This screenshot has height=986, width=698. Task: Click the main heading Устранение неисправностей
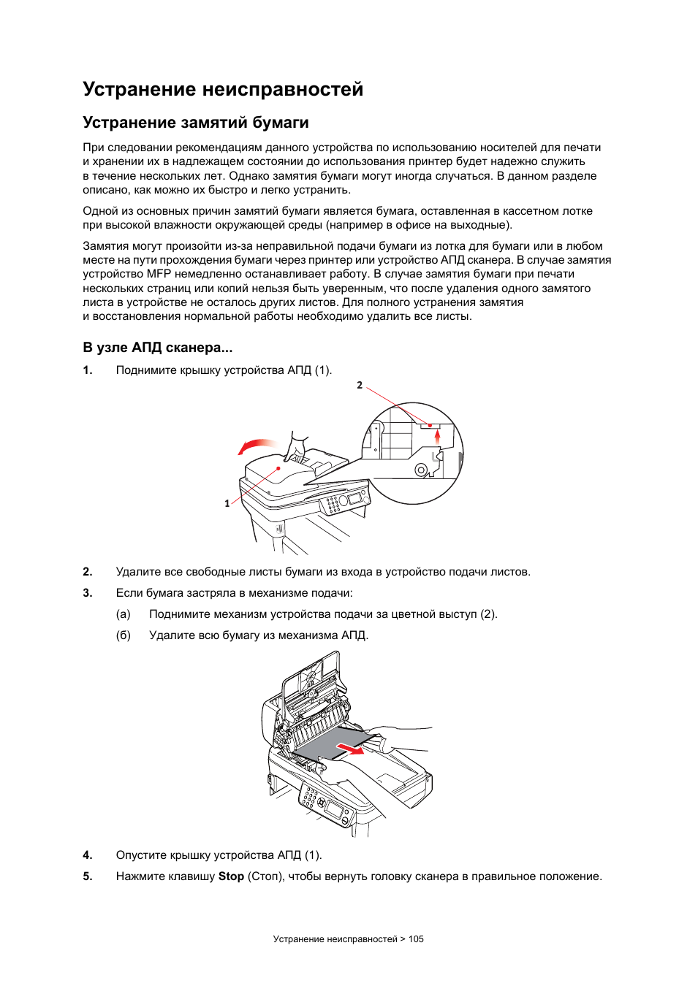[x=223, y=89]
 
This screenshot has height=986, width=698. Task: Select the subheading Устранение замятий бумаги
[x=196, y=123]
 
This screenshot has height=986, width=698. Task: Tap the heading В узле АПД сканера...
[x=157, y=348]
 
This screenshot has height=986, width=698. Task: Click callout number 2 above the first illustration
[x=360, y=385]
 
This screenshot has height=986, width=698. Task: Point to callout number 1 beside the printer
[x=227, y=503]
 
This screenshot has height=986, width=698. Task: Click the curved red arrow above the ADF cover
[x=257, y=446]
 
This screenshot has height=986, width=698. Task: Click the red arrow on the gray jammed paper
[x=351, y=748]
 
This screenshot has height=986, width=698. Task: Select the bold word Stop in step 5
[x=231, y=885]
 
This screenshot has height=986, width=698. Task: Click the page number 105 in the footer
[x=416, y=939]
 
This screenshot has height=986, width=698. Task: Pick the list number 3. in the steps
[x=88, y=593]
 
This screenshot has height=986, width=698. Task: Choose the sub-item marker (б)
[x=124, y=635]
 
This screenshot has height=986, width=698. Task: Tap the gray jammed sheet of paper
[x=335, y=744]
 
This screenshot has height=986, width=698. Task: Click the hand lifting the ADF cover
[x=296, y=446]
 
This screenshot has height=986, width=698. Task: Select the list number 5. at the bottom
[x=88, y=885]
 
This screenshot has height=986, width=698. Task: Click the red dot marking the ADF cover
[x=278, y=468]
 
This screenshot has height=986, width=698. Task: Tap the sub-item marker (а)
[x=124, y=614]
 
